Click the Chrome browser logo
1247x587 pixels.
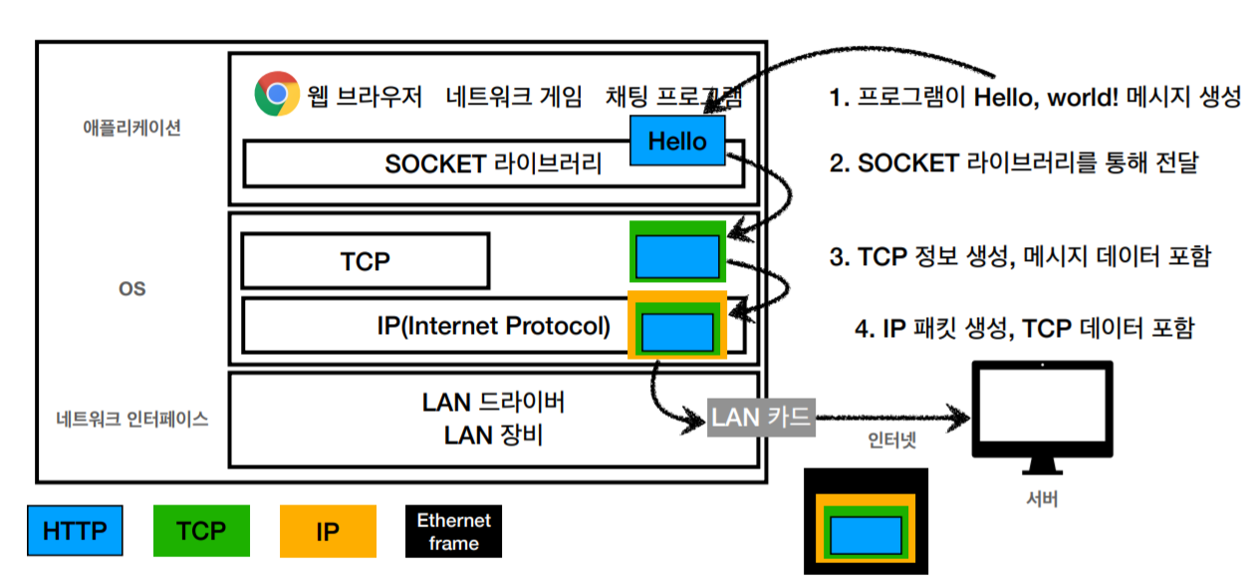pyautogui.click(x=277, y=95)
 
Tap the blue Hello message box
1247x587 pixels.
pyautogui.click(x=677, y=141)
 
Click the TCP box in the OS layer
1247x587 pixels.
pyautogui.click(x=365, y=261)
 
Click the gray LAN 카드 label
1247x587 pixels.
pyautogui.click(x=762, y=417)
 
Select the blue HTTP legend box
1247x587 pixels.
pyautogui.click(x=75, y=530)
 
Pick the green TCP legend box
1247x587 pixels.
pyautogui.click(x=201, y=530)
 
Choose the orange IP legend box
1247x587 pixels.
pyautogui.click(x=328, y=531)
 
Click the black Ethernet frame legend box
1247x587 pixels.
pyautogui.click(x=454, y=531)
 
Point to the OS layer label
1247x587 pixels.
pyautogui.click(x=131, y=288)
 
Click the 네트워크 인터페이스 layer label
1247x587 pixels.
pyautogui.click(x=132, y=420)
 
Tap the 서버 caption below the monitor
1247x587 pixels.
pyautogui.click(x=1041, y=499)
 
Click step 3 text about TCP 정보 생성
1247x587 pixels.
pyautogui.click(x=1020, y=256)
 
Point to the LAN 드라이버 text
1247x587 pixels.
pyautogui.click(x=494, y=403)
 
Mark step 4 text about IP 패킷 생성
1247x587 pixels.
pyautogui.click(x=1023, y=328)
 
